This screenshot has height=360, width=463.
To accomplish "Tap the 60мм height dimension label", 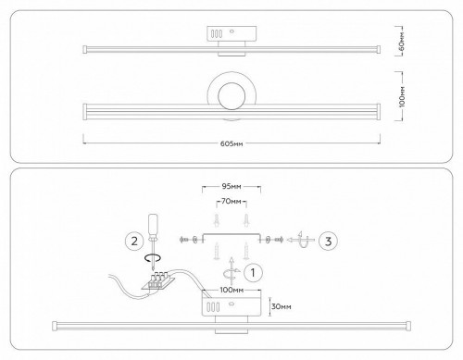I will pyautogui.click(x=402, y=41).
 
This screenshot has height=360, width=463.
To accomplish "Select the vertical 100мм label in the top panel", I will pyautogui.click(x=402, y=99).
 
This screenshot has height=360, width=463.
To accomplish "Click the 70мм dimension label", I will pyautogui.click(x=231, y=200).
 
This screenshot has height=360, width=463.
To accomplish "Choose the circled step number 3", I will pyautogui.click(x=329, y=242).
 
